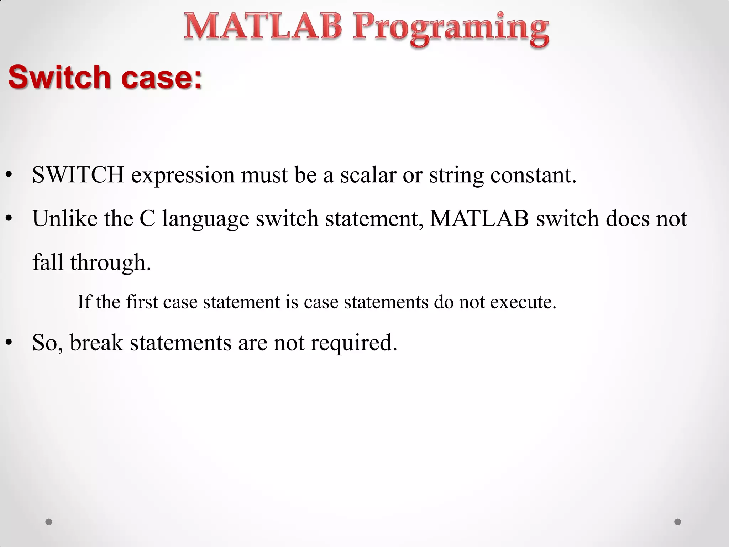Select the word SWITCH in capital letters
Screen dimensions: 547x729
pyautogui.click(x=78, y=175)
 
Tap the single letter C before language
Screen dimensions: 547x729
pyautogui.click(x=147, y=218)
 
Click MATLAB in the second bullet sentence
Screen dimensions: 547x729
pyautogui.click(x=479, y=218)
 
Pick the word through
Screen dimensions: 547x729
pyautogui.click(x=110, y=263)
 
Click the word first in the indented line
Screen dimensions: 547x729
pyautogui.click(x=142, y=302)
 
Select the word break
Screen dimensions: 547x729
pyautogui.click(x=96, y=342)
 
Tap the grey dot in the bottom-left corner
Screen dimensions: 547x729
pyautogui.click(x=49, y=522)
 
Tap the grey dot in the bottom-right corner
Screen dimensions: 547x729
pyautogui.click(x=678, y=522)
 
